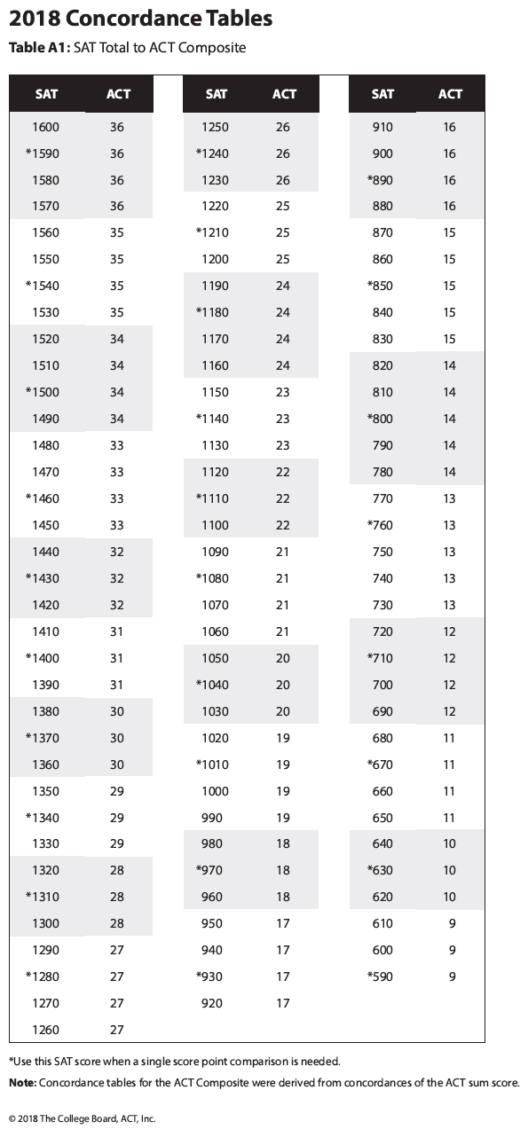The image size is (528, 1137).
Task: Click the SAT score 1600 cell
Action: point(46,127)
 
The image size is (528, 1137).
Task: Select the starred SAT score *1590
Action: point(43,153)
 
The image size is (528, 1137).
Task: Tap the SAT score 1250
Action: point(216,127)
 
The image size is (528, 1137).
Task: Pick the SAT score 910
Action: point(382,127)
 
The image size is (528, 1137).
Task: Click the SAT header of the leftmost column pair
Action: point(46,94)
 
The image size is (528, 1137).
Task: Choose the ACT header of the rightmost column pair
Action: point(450,94)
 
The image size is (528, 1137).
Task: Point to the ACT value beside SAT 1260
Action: point(117,1030)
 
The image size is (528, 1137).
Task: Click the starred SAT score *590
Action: point(380,976)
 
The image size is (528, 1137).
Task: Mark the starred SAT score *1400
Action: point(43,658)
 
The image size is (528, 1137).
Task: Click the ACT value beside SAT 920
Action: point(283,1003)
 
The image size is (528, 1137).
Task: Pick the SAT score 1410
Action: point(46,631)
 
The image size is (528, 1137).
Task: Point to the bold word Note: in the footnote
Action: point(22,1082)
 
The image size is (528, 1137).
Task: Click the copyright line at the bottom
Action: point(82,1118)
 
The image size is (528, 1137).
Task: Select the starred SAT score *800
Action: point(380,419)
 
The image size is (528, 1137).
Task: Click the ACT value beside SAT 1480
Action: point(117,445)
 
